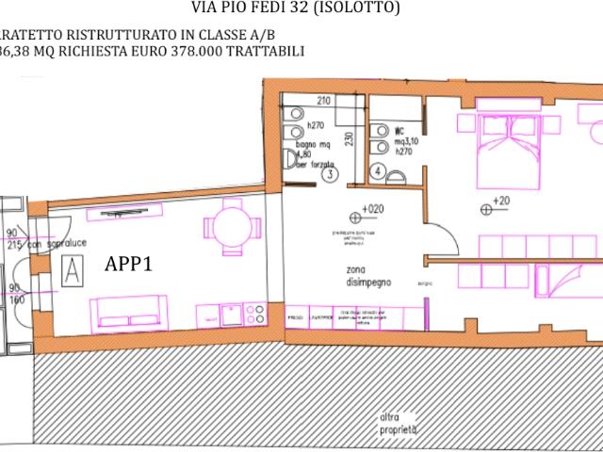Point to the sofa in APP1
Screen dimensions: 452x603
(128, 312)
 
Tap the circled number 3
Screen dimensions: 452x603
(329, 174)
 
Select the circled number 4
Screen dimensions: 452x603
(377, 171)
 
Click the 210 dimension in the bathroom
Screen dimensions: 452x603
(325, 101)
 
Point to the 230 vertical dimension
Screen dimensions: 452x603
(349, 138)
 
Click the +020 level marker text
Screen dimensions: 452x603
(372, 209)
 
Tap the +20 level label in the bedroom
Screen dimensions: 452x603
(499, 201)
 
